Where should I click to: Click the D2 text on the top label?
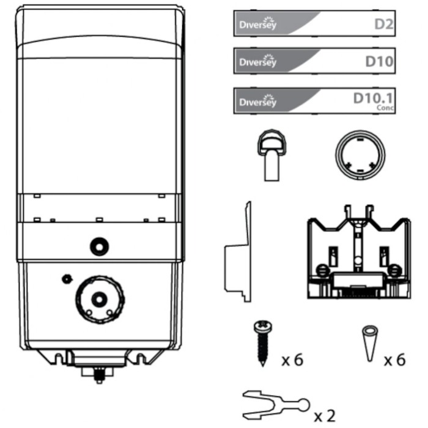[384, 24]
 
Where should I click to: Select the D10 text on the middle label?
[380, 62]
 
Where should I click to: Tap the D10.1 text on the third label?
[373, 98]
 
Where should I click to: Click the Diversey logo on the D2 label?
[258, 23]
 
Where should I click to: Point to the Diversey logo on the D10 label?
[258, 61]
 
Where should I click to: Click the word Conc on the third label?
[385, 108]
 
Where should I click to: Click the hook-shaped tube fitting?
[271, 155]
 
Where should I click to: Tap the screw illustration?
[262, 344]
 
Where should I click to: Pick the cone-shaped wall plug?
[369, 344]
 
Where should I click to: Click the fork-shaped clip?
[276, 405]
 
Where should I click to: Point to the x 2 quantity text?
[324, 416]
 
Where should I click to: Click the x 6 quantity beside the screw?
[293, 360]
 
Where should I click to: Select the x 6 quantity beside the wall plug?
[395, 360]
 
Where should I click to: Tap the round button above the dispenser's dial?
[99, 246]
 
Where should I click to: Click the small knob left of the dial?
[67, 279]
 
